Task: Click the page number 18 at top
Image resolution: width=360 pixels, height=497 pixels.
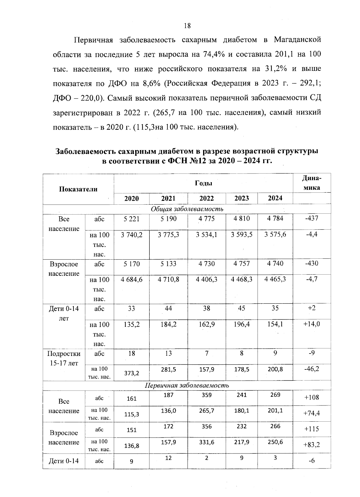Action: click(x=187, y=26)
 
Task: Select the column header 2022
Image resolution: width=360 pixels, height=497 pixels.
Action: click(x=206, y=198)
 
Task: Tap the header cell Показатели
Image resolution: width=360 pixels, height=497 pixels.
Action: click(x=78, y=189)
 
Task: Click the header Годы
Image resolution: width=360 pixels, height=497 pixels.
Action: click(x=203, y=183)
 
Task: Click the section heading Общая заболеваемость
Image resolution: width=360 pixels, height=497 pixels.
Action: click(x=187, y=209)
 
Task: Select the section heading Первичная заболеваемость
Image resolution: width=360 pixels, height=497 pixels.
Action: click(x=187, y=386)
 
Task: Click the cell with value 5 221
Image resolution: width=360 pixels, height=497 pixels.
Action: click(x=131, y=219)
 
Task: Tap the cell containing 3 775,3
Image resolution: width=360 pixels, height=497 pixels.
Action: click(x=168, y=234)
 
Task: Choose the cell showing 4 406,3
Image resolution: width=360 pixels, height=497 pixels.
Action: click(x=206, y=279)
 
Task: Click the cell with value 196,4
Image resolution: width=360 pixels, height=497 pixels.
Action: click(x=241, y=324)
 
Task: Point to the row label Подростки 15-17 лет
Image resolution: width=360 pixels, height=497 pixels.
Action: click(x=64, y=358)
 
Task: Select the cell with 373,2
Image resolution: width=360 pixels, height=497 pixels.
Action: click(x=131, y=373)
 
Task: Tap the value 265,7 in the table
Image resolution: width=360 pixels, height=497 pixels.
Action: click(x=206, y=411)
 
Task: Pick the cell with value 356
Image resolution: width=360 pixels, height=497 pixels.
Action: click(x=206, y=426)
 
